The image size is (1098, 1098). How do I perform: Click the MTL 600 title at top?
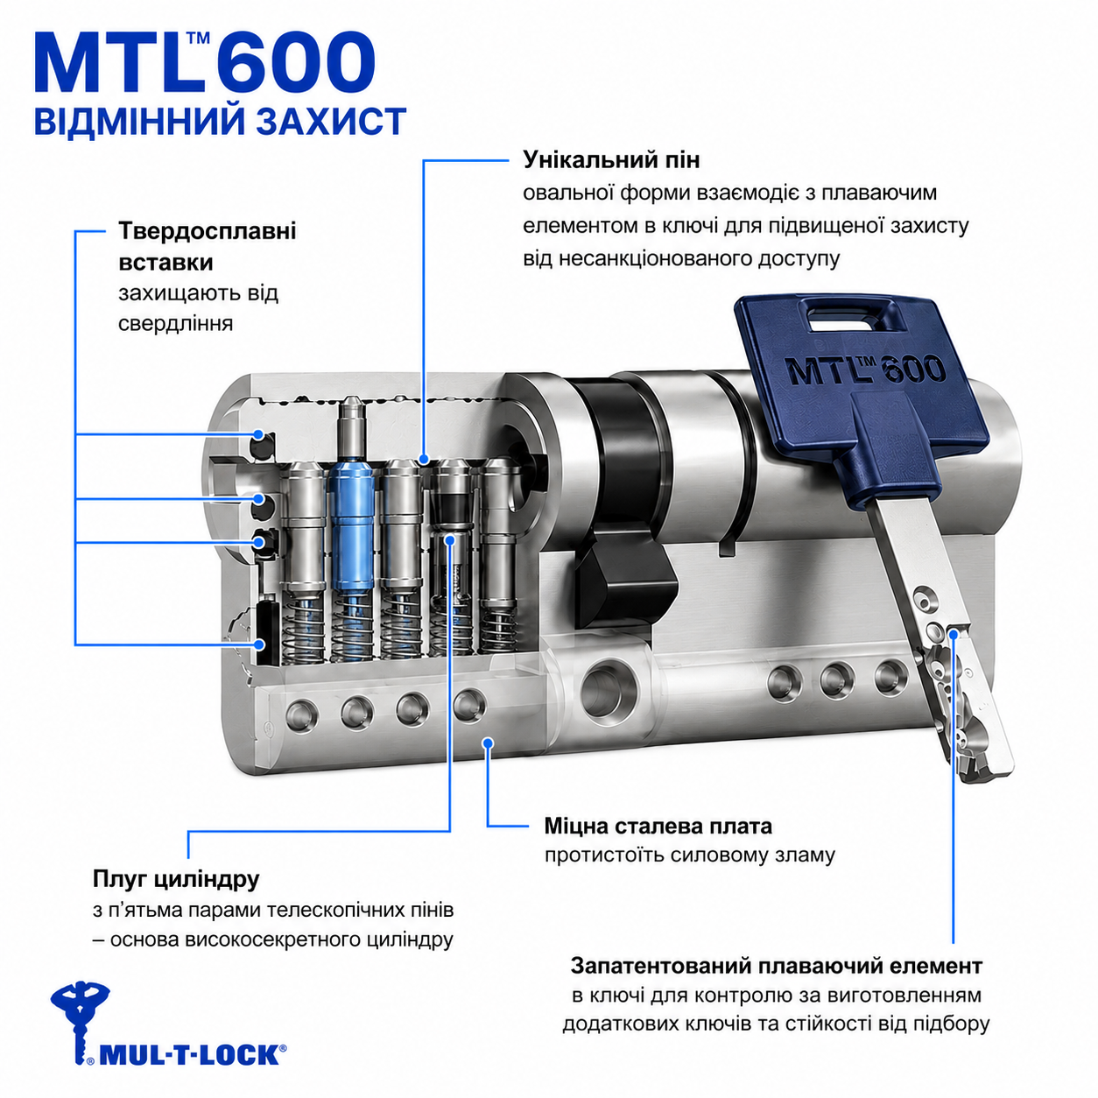click(x=204, y=63)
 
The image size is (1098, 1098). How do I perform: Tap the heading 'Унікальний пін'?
click(x=611, y=160)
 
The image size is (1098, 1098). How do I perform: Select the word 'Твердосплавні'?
click(x=208, y=231)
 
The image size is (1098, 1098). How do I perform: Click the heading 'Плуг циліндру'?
click(x=176, y=879)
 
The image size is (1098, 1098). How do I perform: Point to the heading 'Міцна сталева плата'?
click(x=658, y=826)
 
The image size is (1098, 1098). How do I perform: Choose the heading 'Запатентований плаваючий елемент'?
click(x=776, y=966)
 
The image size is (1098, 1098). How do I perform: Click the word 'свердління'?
click(x=175, y=324)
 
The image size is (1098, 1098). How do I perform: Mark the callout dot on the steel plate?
click(x=488, y=743)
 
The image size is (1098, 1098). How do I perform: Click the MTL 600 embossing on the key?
click(x=865, y=370)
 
